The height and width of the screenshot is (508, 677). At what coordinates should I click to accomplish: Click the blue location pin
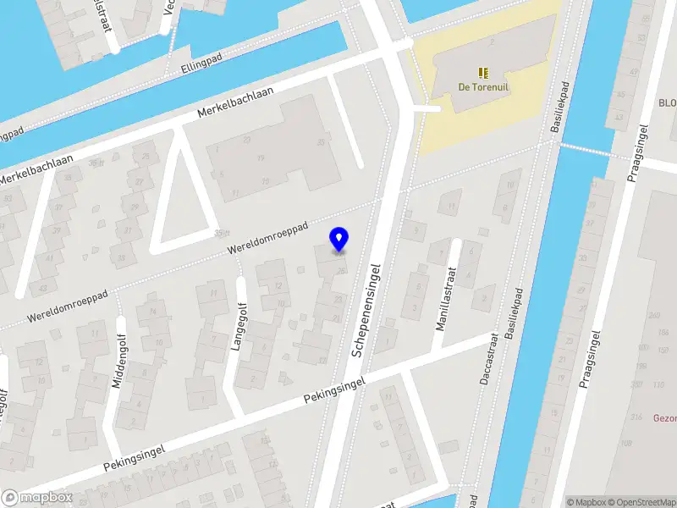339,240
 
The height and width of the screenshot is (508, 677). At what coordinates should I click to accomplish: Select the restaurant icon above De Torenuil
482,73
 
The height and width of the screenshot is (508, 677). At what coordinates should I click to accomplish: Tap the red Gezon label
665,417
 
